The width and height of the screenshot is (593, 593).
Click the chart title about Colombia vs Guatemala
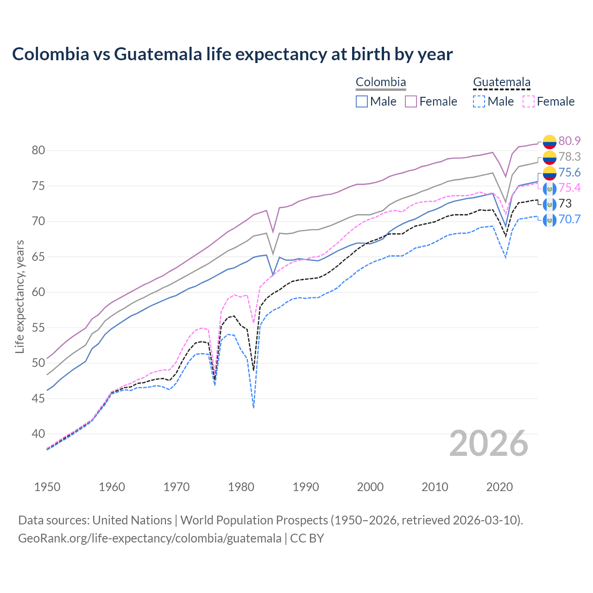[232, 54]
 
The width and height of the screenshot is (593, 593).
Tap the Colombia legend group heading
[381, 82]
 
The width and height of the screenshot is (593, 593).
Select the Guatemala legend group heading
[502, 82]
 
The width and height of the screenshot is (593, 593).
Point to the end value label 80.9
[569, 141]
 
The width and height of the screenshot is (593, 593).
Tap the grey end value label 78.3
[569, 157]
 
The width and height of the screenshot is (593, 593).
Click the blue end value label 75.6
[569, 172]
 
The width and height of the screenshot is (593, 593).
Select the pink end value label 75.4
[569, 188]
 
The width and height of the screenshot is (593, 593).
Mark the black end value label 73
[565, 203]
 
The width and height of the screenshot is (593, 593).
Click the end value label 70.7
[569, 219]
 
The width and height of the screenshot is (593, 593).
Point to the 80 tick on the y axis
[38, 151]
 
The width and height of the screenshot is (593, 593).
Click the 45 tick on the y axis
[38, 398]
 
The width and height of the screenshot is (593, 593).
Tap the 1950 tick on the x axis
[47, 487]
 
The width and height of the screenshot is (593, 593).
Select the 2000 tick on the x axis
[370, 487]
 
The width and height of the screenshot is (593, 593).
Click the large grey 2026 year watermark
[489, 443]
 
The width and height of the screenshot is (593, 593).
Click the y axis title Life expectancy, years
[19, 296]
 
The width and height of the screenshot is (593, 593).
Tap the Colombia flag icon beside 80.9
[549, 141]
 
